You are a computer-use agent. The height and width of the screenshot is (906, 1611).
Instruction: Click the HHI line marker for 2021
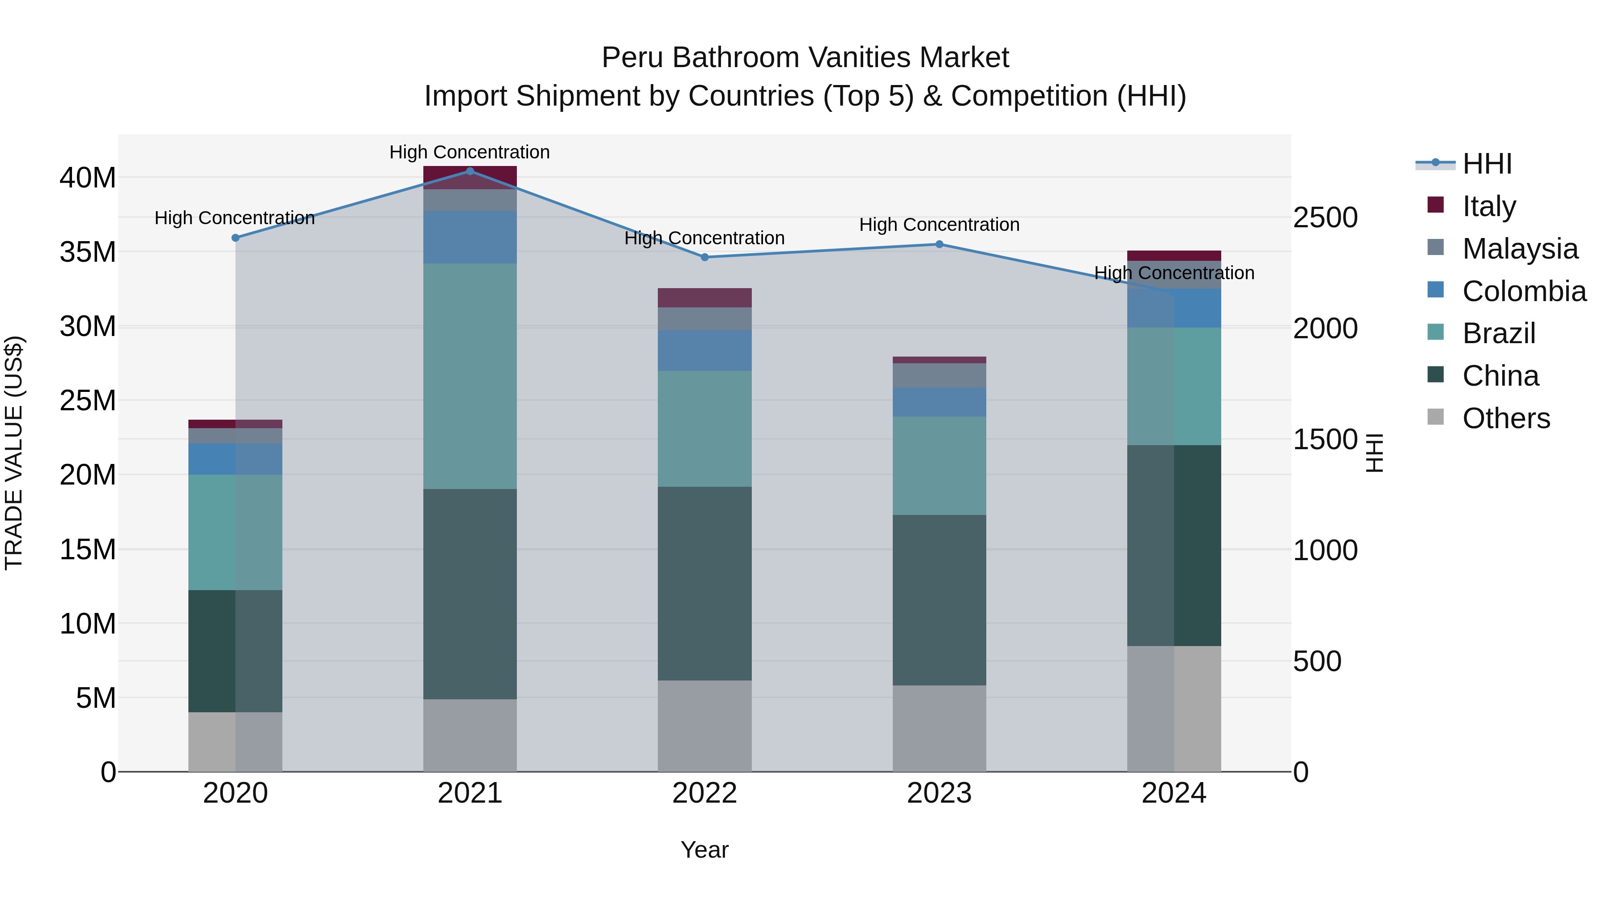click(x=470, y=171)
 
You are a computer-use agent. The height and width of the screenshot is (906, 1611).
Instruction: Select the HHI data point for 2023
click(x=939, y=244)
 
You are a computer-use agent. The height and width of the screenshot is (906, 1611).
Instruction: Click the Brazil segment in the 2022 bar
click(x=704, y=429)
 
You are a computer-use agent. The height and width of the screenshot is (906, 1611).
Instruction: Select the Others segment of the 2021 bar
click(x=470, y=735)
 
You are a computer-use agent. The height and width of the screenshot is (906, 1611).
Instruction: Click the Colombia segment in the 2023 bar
click(x=939, y=402)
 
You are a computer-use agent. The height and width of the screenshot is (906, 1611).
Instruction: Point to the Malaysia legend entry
click(x=1520, y=249)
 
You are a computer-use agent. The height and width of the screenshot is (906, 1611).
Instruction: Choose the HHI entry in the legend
click(x=1487, y=164)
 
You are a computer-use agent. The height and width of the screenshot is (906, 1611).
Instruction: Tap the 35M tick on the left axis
click(x=88, y=252)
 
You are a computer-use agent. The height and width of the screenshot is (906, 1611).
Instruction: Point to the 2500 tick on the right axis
click(x=1325, y=217)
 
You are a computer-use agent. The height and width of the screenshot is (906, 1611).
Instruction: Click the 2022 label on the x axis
click(x=704, y=793)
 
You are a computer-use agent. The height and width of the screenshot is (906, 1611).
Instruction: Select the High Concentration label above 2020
click(x=234, y=218)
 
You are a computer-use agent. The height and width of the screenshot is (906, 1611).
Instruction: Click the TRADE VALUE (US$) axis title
click(x=14, y=453)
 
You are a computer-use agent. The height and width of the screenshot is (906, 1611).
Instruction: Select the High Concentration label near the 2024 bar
click(x=1174, y=273)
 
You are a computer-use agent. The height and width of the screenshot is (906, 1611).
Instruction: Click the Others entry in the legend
click(x=1506, y=418)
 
